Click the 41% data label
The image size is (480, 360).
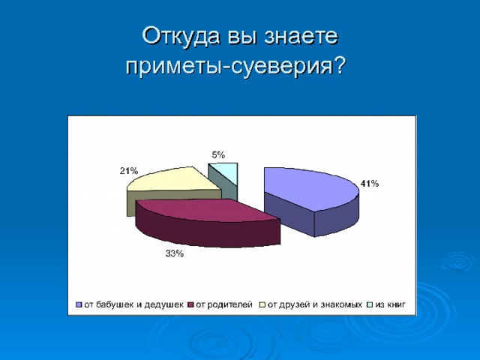pos(370,184)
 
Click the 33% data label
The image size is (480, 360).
pos(174,254)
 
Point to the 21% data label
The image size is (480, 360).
pos(128,171)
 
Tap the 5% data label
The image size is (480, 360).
pos(218,154)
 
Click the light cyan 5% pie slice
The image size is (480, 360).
pos(228,173)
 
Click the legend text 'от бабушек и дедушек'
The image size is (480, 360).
pos(134,305)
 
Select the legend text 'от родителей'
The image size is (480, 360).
pos(225,305)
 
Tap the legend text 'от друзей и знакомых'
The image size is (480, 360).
pos(316,305)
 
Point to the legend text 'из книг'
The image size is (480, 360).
pos(391,305)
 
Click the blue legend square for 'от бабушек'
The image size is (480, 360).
pos(78,305)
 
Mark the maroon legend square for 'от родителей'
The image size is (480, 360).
pos(191,305)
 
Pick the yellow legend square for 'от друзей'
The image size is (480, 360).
pos(263,305)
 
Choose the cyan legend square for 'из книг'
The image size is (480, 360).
pos(370,305)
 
